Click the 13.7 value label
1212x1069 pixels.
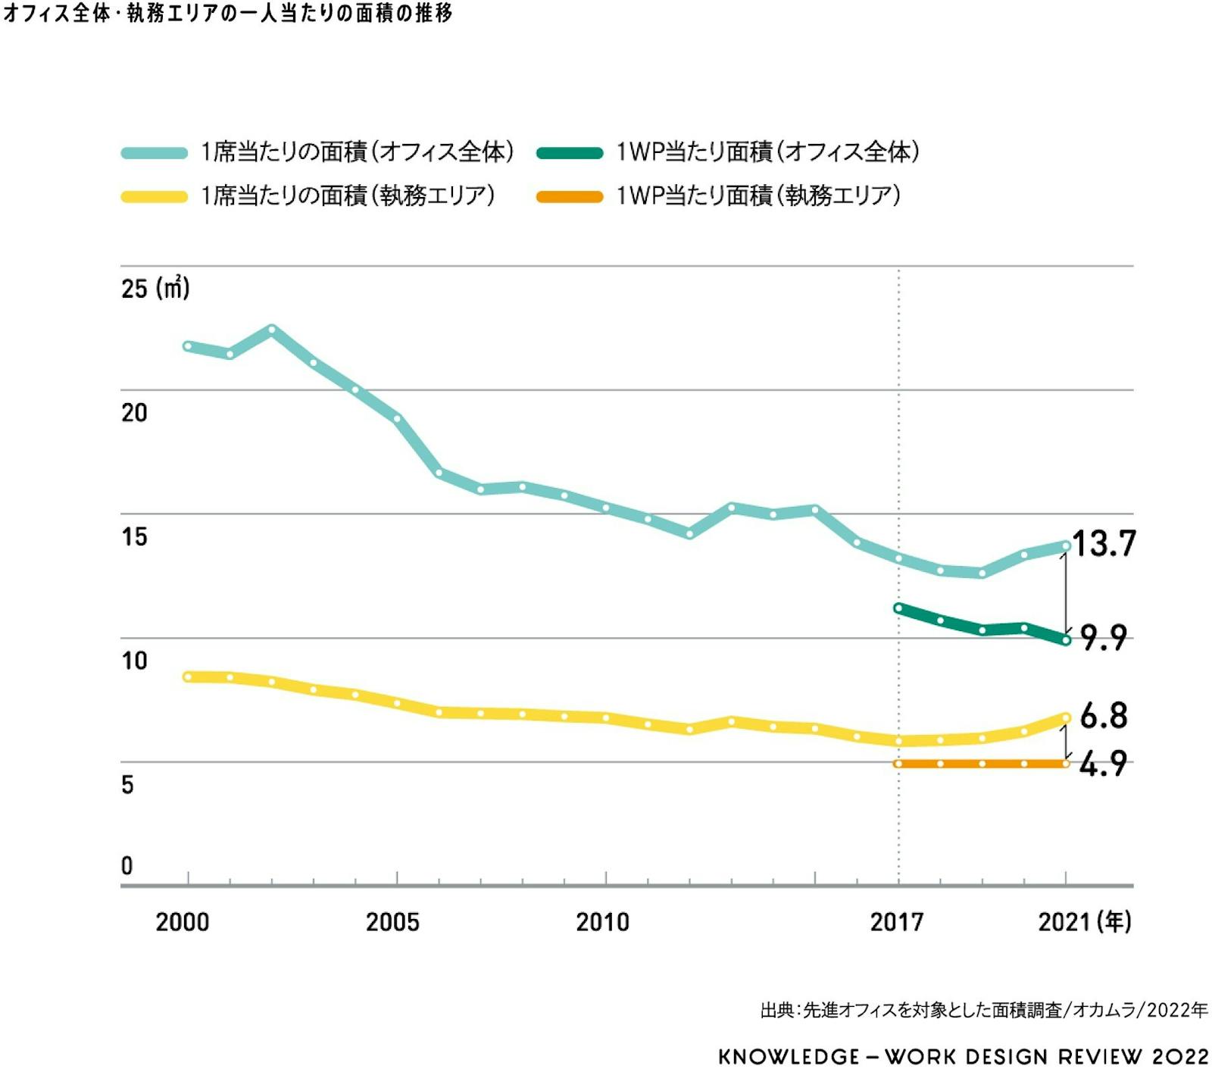click(x=1104, y=543)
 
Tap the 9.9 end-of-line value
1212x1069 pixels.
click(x=1104, y=638)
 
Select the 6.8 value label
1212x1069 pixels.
click(x=1104, y=715)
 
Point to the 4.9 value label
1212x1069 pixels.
click(x=1103, y=764)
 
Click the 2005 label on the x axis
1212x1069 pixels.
click(x=392, y=922)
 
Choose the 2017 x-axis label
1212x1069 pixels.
click(x=897, y=922)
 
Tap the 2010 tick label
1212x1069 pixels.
click(x=603, y=922)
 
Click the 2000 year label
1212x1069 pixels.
click(x=183, y=922)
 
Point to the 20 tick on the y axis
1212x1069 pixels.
click(x=134, y=413)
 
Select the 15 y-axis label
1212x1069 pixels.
click(x=134, y=536)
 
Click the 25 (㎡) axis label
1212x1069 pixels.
click(x=155, y=289)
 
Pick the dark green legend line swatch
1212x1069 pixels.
click(x=570, y=153)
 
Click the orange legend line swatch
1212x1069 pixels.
click(x=570, y=197)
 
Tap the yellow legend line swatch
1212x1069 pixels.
click(x=155, y=197)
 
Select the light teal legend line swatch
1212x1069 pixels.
click(x=155, y=153)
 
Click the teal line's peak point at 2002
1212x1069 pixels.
click(x=272, y=330)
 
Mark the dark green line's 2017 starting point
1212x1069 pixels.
click(x=898, y=608)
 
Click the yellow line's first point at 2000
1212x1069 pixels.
click(x=188, y=677)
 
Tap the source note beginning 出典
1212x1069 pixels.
click(x=983, y=1010)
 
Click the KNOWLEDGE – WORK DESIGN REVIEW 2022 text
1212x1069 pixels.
click(x=963, y=1056)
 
